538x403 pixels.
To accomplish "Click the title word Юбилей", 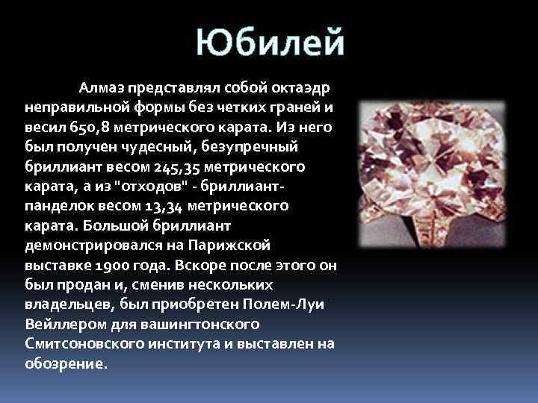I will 270,42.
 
